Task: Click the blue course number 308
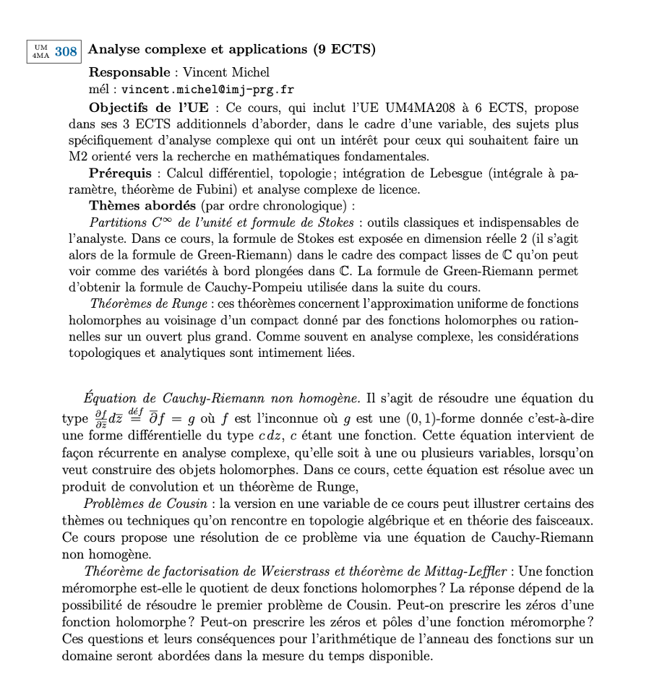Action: point(66,51)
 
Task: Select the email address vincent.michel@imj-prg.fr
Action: point(207,90)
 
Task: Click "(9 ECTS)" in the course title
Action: point(344,50)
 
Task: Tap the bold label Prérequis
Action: point(120,173)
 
